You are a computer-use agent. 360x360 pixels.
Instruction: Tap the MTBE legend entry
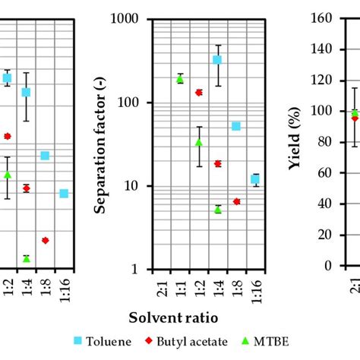pos(272,342)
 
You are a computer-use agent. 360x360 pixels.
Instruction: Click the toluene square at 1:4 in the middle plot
pos(217,59)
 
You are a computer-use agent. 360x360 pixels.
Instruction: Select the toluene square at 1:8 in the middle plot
pos(236,126)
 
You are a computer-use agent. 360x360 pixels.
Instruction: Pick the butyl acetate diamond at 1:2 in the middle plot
pos(199,93)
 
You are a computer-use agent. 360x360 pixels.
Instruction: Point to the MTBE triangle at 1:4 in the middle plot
pos(218,209)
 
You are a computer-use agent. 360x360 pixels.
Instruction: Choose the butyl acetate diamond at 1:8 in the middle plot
pos(236,201)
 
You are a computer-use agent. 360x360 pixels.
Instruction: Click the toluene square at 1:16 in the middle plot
pos(255,179)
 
